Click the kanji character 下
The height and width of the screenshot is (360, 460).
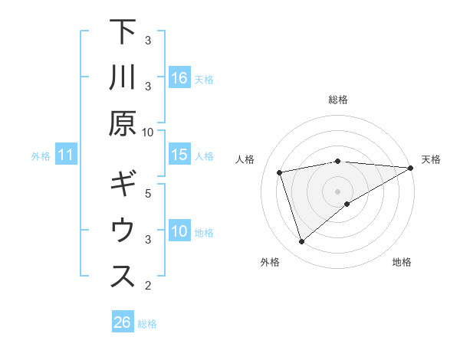122,34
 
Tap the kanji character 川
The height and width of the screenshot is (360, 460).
122,77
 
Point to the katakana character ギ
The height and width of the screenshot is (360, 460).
122,187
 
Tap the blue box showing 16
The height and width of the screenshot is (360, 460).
179,77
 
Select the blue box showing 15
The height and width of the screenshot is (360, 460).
179,155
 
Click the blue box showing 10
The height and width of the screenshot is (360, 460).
179,232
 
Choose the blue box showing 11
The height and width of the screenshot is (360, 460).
66,155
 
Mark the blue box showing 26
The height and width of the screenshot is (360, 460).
122,322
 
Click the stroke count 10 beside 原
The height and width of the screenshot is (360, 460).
148,132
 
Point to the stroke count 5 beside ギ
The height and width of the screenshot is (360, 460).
148,193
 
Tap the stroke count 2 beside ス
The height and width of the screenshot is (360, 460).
148,286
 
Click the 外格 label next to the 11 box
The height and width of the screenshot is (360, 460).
41,156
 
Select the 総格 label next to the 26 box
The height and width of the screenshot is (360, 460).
147,324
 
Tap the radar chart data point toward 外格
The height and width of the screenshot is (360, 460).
301,242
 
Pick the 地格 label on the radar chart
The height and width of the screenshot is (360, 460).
402,262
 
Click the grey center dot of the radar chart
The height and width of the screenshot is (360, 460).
337,191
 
